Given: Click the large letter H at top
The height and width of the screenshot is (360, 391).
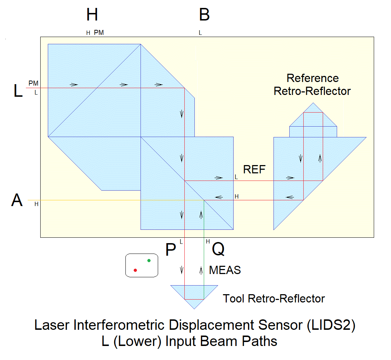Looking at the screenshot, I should coord(92,15).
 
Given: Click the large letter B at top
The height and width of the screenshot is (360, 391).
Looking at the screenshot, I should coord(204,15).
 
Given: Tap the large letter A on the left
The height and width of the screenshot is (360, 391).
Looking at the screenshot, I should coord(17,200).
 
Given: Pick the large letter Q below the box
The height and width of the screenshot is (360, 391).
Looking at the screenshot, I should coord(218,249).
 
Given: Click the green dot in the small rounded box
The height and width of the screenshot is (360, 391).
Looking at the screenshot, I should coord(149,260).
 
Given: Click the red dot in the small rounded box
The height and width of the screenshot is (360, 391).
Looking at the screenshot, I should coord(135,270).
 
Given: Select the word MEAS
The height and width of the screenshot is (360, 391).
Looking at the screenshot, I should coord(225,270).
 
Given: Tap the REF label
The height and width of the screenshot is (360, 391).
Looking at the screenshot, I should coord(254,169).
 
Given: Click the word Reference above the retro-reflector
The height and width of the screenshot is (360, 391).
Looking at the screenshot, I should coord(312,78).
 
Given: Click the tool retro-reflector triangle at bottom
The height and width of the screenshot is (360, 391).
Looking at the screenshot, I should coord(194,293).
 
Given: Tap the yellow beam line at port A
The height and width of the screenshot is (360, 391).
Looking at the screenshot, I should coord(90,200).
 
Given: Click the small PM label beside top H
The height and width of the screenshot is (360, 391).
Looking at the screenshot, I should coord(99,33).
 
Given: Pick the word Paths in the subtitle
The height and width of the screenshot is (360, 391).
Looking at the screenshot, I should coord(261,341).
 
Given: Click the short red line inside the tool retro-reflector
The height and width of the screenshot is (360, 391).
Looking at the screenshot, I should coord(194,299).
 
